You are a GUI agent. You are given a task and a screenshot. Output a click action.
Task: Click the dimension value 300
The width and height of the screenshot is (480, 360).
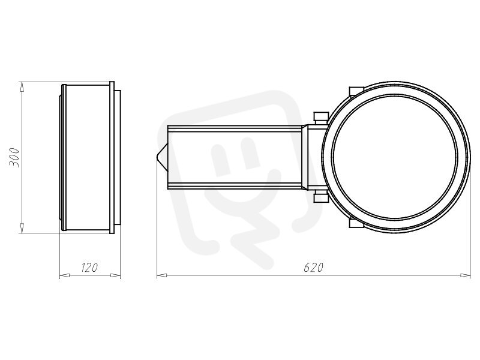pos(14,157)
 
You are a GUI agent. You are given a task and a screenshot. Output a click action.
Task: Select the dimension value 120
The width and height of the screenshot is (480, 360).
pos(89,267)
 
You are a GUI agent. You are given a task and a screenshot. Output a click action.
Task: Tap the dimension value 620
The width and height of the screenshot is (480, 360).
pos(313,267)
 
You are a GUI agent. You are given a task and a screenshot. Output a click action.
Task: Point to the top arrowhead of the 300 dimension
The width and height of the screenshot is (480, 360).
pos(22,86)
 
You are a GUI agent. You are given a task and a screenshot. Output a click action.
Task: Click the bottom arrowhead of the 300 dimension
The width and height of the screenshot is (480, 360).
pos(22,228)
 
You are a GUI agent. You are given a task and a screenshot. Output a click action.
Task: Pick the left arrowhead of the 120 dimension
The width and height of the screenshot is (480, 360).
pos(64,275)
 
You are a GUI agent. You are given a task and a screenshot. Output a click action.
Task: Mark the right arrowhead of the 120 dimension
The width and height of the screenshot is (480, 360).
pos(115,275)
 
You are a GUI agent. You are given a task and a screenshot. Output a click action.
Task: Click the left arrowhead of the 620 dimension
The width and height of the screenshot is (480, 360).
pos(161,275)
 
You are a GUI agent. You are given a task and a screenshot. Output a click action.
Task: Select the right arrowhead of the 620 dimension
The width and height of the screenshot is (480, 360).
pos(466,275)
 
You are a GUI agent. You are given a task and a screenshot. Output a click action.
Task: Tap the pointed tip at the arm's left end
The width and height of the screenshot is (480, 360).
pos(157,157)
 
